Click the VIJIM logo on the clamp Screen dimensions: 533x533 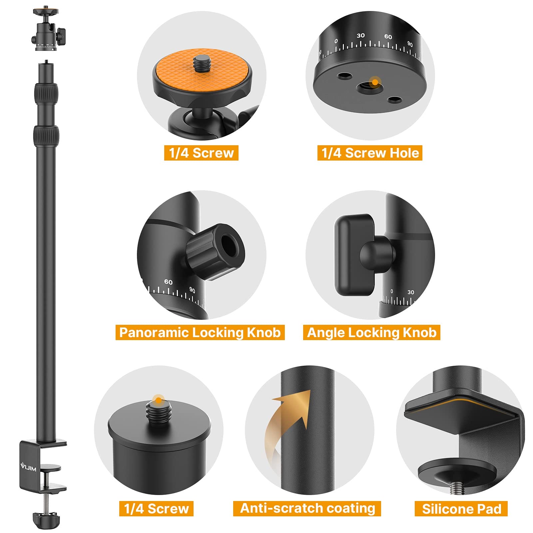click(29, 468)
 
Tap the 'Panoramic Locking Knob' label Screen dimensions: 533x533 click(200, 332)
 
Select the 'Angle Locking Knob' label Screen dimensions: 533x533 click(371, 332)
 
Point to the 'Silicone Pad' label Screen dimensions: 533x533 click(461, 509)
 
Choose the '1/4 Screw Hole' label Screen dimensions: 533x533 click(370, 153)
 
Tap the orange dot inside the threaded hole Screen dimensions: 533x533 click(375, 82)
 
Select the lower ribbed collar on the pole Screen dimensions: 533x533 click(46, 134)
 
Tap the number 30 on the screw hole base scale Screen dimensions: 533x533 click(360, 36)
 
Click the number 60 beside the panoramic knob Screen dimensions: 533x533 click(168, 282)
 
